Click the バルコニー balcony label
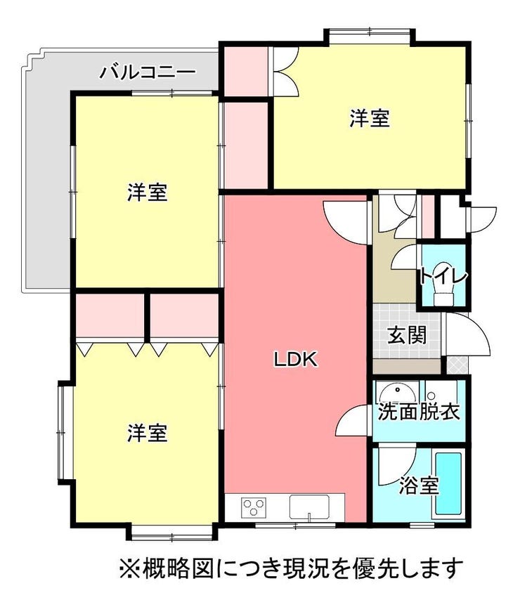[148, 72]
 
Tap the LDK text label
[297, 360]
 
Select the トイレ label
[444, 277]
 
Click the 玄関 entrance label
[407, 334]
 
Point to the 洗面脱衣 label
[419, 412]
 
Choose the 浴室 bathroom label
[420, 485]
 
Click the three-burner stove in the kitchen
[254, 507]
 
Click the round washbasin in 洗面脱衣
[398, 393]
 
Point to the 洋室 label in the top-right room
[370, 118]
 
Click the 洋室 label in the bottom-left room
[148, 433]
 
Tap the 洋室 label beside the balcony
[148, 192]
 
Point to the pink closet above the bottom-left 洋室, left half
[110, 316]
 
